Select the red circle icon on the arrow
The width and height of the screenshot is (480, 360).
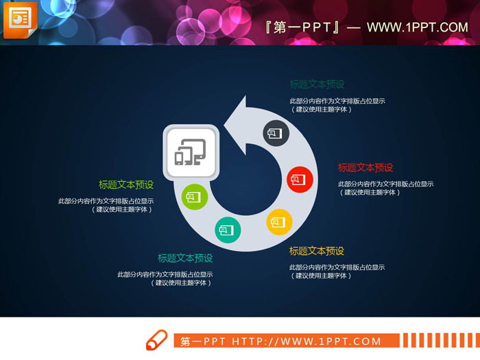point(299,180)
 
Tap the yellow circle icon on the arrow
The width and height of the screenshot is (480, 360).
point(278,221)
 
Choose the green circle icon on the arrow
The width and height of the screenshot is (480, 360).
point(194,197)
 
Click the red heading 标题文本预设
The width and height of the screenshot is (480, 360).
point(365,167)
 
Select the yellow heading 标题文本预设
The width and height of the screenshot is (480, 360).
point(317,251)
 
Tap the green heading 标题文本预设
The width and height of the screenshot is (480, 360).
point(126,184)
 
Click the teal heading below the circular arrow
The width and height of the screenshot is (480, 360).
point(185,258)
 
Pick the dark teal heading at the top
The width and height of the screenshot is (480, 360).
point(317,84)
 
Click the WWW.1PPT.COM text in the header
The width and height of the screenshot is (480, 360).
point(417,27)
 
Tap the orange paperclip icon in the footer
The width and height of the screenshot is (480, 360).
point(156,340)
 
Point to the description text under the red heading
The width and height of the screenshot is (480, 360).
point(385,188)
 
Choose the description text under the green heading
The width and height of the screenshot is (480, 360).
point(106,205)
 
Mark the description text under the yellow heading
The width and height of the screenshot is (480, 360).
point(337,272)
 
